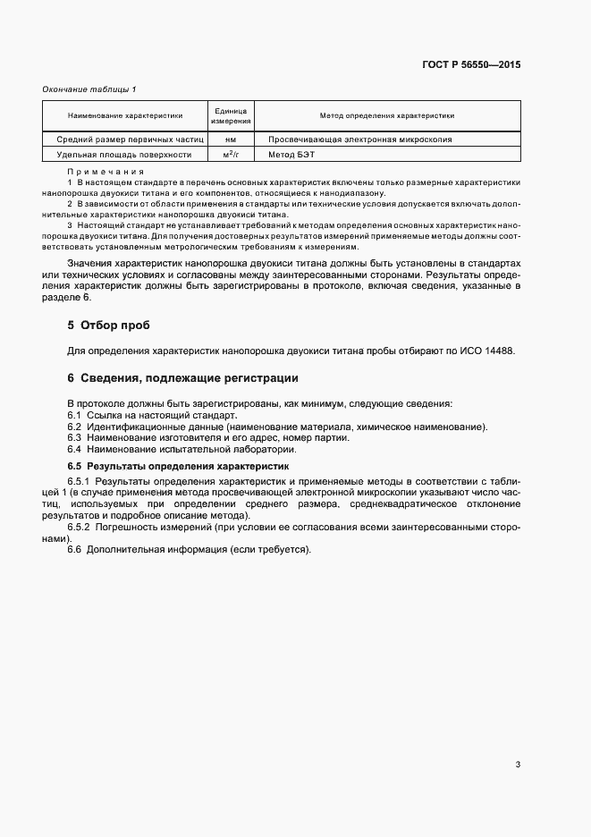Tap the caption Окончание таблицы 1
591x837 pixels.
point(89,89)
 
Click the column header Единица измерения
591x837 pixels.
point(230,115)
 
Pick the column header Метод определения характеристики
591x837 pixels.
point(387,115)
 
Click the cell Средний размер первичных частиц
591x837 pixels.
point(131,139)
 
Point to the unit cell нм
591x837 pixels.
point(230,139)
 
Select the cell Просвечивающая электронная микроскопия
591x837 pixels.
point(353,139)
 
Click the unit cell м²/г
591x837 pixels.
point(230,154)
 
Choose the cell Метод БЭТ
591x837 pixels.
point(285,154)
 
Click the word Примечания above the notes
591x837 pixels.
point(106,171)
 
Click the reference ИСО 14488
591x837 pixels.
point(489,351)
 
